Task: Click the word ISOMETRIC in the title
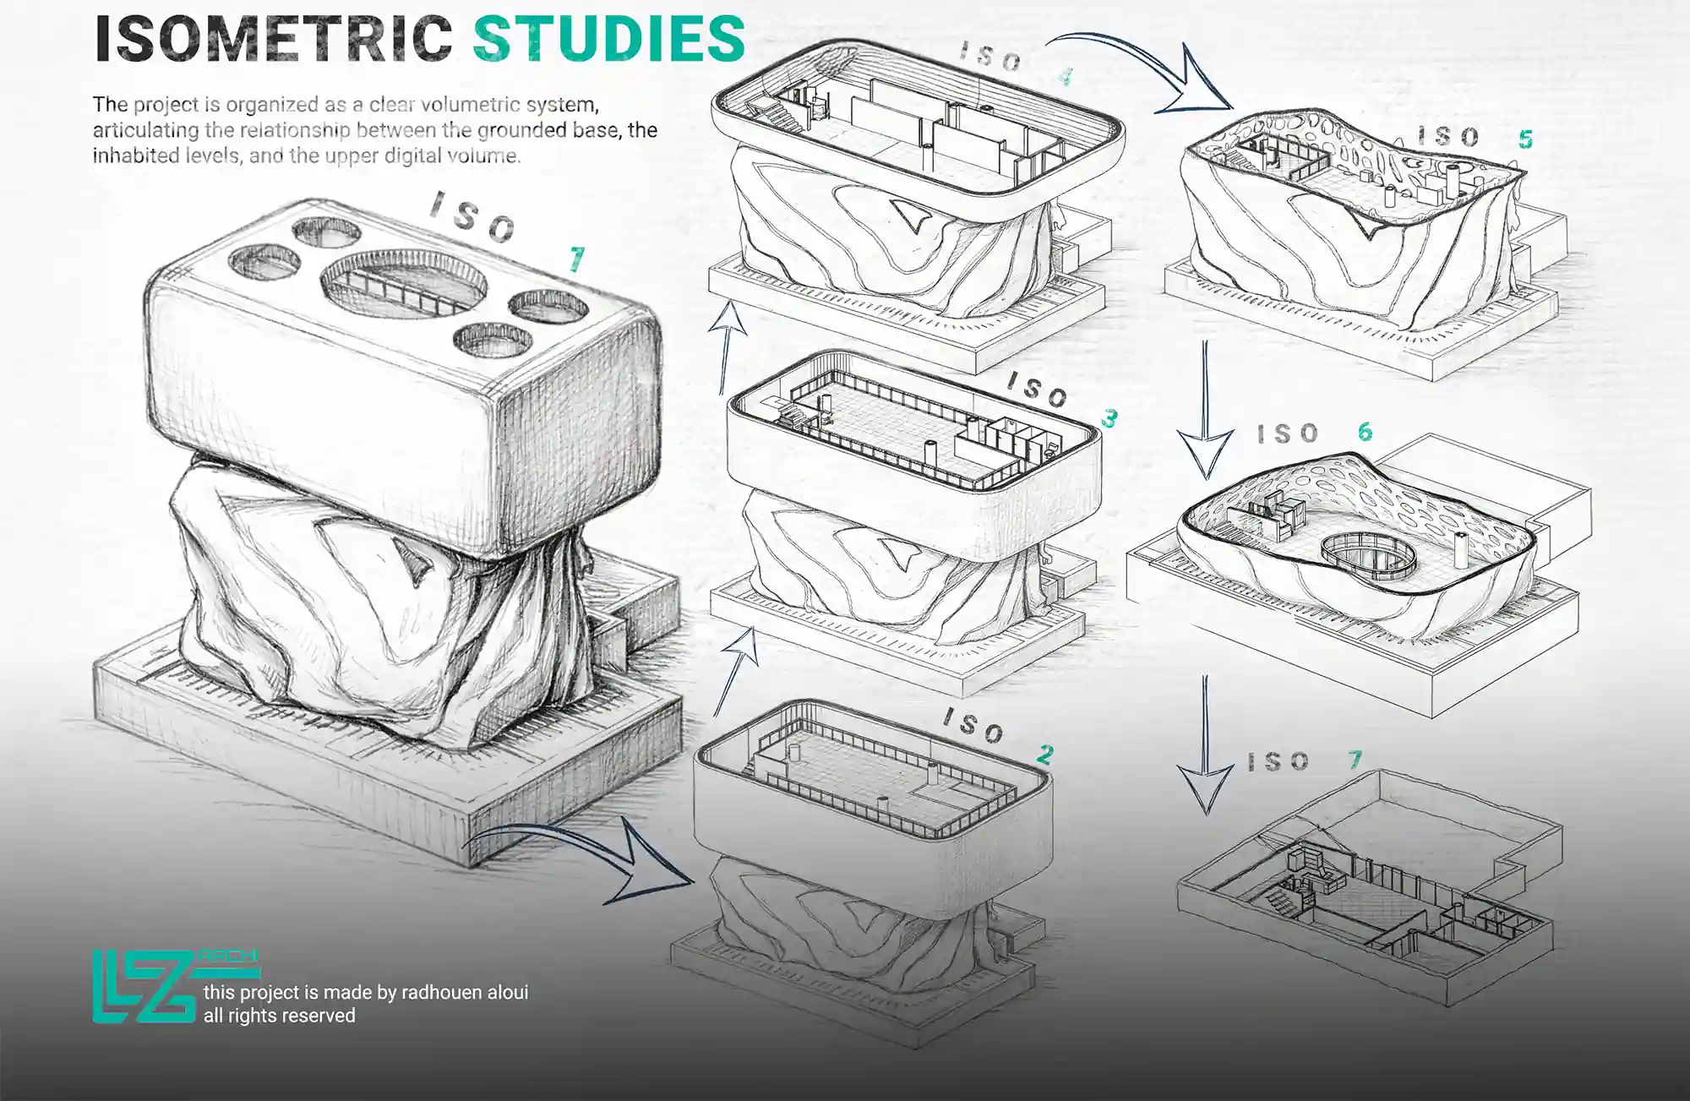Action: tap(274, 39)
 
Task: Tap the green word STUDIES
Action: tap(609, 39)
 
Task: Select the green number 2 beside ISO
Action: tap(1046, 754)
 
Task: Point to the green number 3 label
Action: tap(1109, 418)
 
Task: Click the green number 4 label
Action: tap(1066, 78)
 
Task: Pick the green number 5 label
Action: tap(1525, 139)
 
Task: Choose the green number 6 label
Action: tap(1366, 432)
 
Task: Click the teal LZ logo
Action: tap(144, 986)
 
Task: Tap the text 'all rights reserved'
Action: tap(280, 1015)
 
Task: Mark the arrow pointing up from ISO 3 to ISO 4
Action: tap(726, 346)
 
